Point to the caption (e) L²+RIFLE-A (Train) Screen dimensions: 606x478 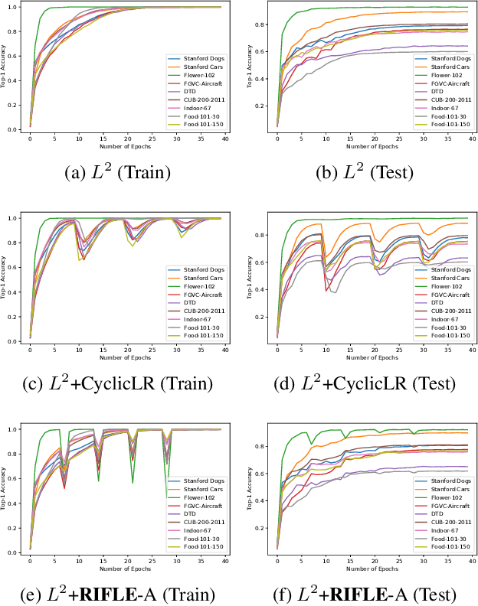coord(119,593)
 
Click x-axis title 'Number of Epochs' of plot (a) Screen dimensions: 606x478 coord(124,146)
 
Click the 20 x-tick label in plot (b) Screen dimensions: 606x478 coord(374,138)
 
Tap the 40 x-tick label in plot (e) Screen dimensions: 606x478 coord(224,561)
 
